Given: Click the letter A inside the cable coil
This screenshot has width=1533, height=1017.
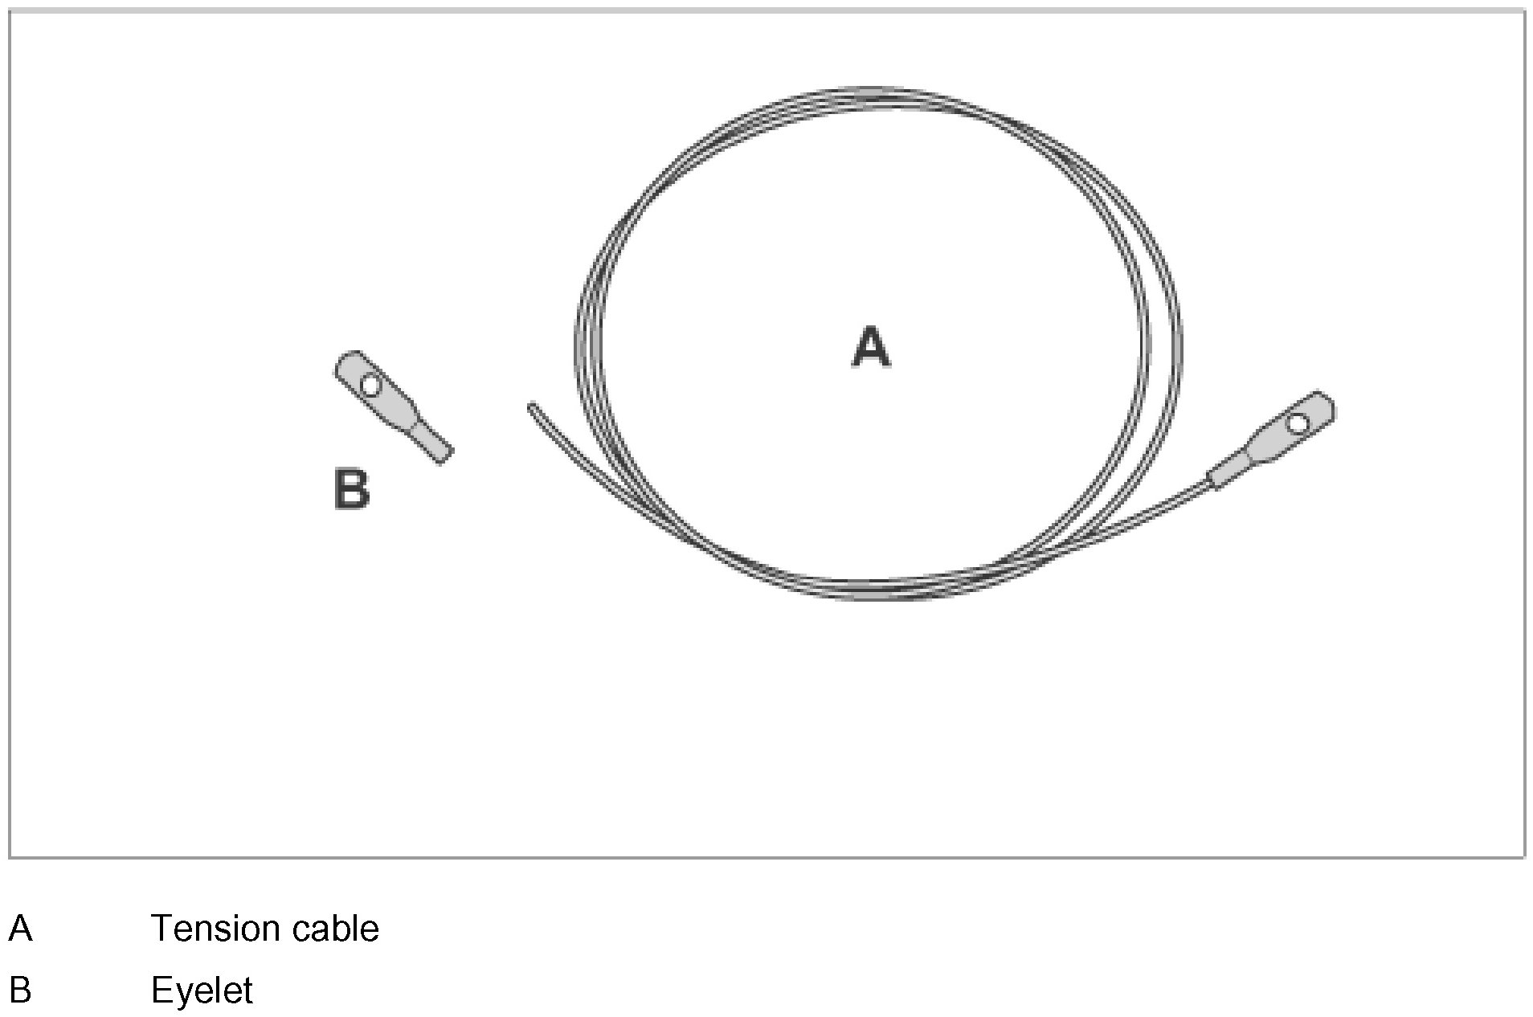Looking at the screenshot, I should click(x=871, y=347).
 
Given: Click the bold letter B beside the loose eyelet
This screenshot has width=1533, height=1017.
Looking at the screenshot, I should click(x=351, y=489).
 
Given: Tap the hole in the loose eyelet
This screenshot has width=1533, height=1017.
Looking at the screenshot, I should click(x=370, y=386).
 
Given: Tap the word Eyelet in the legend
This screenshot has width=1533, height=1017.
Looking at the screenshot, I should click(x=202, y=990).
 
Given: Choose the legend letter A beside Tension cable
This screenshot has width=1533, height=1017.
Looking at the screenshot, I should click(x=20, y=929).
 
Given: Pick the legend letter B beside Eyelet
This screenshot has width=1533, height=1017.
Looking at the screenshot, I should click(x=20, y=990).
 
